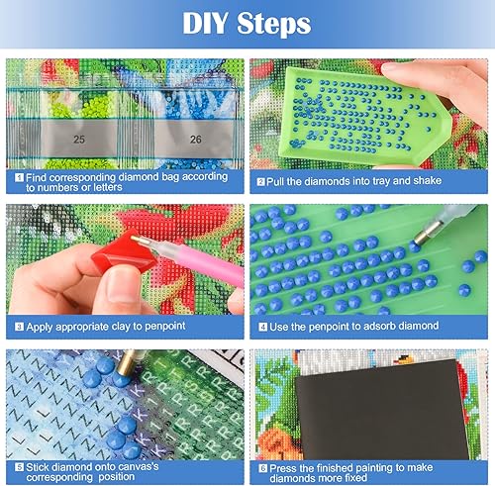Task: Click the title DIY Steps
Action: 247,23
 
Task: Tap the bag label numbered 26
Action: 195,140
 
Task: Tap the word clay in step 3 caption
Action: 129,323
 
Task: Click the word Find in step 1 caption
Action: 39,176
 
